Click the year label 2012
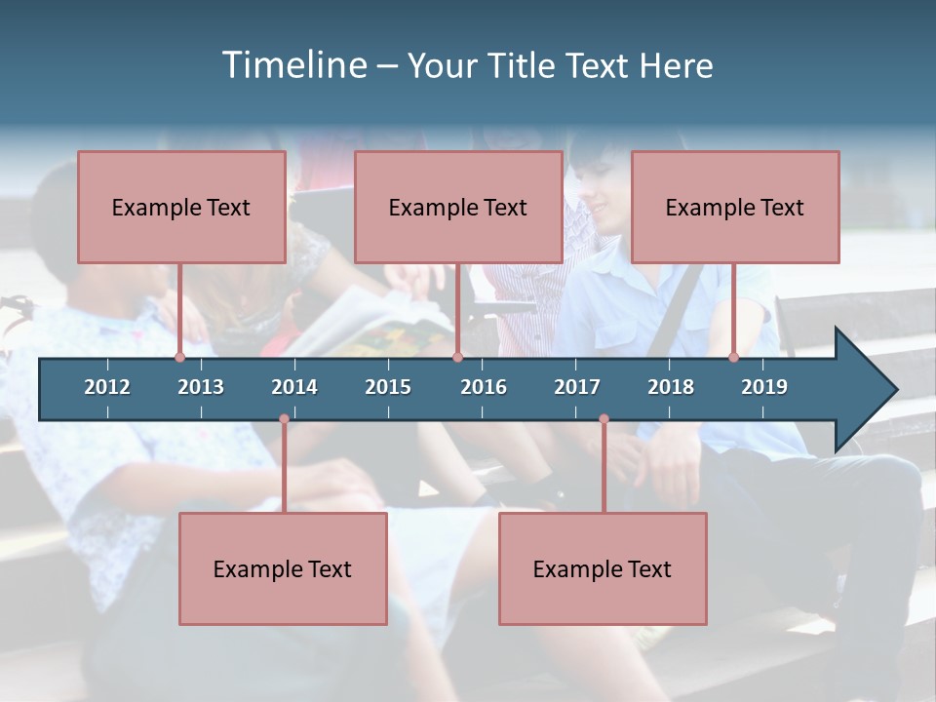click(107, 387)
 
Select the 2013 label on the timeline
click(201, 387)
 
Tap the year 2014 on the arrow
click(294, 387)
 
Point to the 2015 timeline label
click(388, 387)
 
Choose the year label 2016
click(484, 387)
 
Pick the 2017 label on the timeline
click(577, 387)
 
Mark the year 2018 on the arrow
click(671, 387)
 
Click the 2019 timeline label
click(764, 387)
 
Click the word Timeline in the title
click(294, 65)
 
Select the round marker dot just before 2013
click(179, 358)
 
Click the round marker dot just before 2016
click(457, 358)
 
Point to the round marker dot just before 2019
click(734, 358)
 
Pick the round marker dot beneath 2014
click(284, 419)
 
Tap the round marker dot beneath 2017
click(604, 419)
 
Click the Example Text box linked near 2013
click(181, 207)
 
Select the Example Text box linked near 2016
click(458, 207)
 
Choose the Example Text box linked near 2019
click(735, 207)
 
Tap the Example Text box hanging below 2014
click(283, 568)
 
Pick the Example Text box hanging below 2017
click(603, 568)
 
